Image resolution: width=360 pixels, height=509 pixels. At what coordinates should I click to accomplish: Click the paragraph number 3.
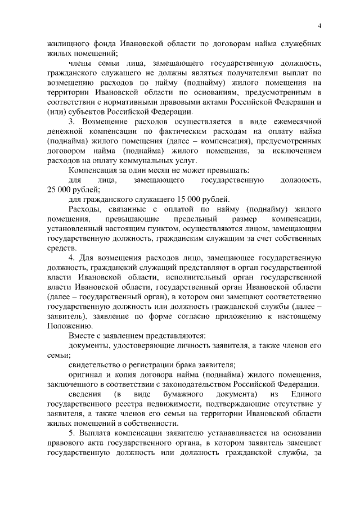[71, 121]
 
